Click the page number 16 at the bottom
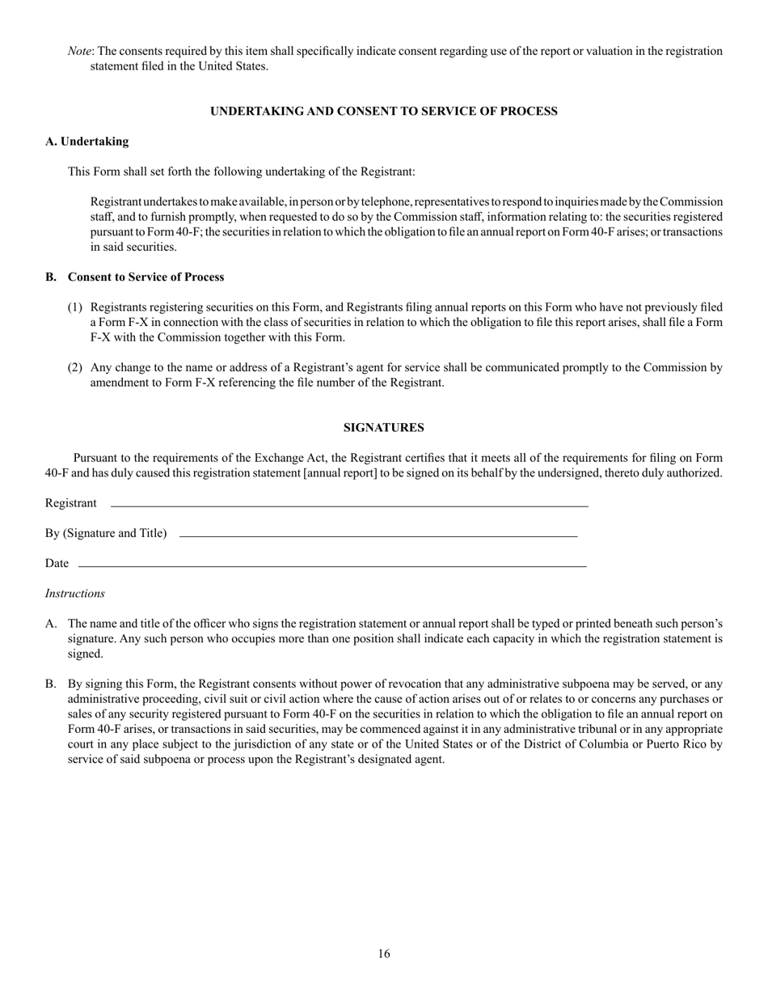click(x=384, y=955)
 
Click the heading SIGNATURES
click(x=384, y=428)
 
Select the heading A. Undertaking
click(x=87, y=142)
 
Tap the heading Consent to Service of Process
click(x=146, y=277)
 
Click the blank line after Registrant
click(x=349, y=506)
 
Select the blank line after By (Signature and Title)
click(x=378, y=536)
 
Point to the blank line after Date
click(x=331, y=566)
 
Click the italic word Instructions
click(x=75, y=594)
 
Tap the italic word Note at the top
click(x=79, y=51)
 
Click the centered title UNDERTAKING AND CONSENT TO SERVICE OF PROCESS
click(x=384, y=112)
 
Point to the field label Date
click(x=57, y=564)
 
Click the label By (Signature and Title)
click(x=106, y=534)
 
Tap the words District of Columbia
click(x=577, y=745)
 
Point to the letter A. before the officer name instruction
click(x=51, y=625)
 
